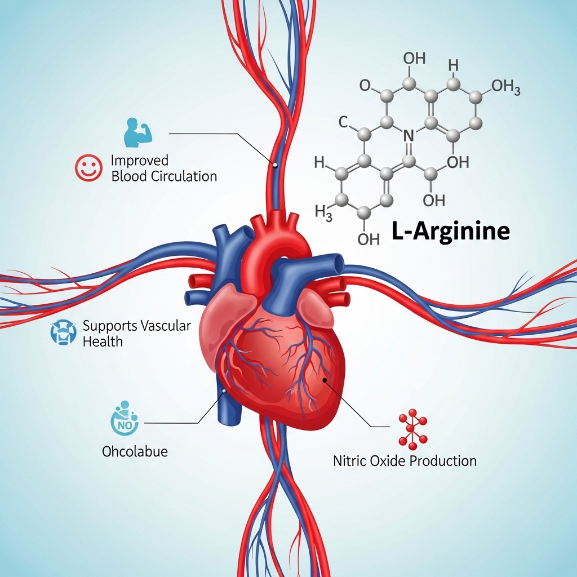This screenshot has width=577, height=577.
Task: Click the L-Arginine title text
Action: pyautogui.click(x=450, y=232)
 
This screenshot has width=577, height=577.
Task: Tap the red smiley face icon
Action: pyautogui.click(x=88, y=168)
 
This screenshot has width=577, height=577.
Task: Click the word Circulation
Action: pyautogui.click(x=184, y=176)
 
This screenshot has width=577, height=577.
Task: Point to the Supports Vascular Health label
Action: pyautogui.click(x=136, y=333)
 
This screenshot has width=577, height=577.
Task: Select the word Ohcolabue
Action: pyautogui.click(x=135, y=451)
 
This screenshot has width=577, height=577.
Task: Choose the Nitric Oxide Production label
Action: pyautogui.click(x=405, y=461)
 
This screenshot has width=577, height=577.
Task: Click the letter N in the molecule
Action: pyautogui.click(x=410, y=135)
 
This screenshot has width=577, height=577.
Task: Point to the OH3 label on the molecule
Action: pyautogui.click(x=505, y=87)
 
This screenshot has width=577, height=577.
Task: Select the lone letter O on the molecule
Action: pyautogui.click(x=365, y=86)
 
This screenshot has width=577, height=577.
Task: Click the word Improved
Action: pyautogui.click(x=140, y=160)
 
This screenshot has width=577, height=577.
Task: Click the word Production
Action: pyautogui.click(x=443, y=461)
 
